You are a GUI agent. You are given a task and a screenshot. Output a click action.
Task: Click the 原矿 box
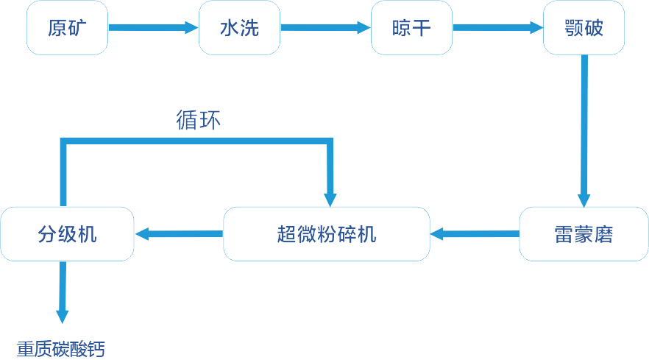(x=67, y=29)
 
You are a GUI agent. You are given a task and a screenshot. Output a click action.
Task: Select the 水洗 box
(x=239, y=29)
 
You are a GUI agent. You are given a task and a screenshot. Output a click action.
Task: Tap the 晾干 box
(x=411, y=29)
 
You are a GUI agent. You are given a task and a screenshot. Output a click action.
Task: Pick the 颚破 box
(x=584, y=29)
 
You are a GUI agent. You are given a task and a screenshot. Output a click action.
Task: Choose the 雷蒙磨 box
(x=584, y=234)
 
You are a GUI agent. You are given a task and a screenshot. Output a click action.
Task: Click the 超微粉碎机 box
(x=327, y=234)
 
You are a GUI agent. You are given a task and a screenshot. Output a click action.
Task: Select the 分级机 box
(x=67, y=234)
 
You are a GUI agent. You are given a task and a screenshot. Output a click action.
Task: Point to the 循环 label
(x=198, y=120)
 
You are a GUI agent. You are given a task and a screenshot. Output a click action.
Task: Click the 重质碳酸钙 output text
(x=61, y=348)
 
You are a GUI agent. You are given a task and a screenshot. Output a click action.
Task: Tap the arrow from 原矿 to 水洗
(x=153, y=29)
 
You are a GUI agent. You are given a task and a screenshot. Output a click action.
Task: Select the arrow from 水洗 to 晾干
(x=325, y=29)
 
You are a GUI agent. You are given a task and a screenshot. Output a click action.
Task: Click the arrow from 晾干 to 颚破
(x=497, y=29)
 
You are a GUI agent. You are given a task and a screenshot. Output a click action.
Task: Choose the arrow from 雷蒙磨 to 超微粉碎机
(x=475, y=234)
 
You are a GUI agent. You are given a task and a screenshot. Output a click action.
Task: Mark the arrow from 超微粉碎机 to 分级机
(x=179, y=234)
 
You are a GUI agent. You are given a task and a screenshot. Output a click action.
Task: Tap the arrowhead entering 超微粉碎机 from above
(x=331, y=197)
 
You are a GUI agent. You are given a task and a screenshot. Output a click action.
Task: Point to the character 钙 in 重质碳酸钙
(x=96, y=348)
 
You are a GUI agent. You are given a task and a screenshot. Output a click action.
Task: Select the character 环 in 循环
(x=210, y=120)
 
